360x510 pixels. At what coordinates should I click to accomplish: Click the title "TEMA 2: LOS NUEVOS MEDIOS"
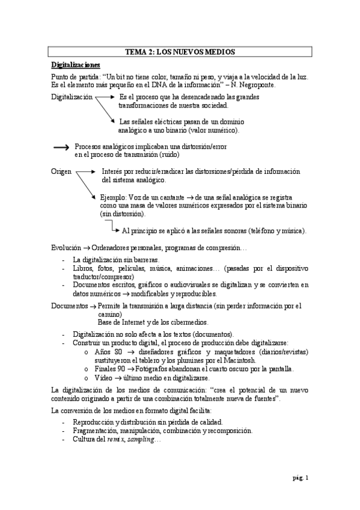[180, 53]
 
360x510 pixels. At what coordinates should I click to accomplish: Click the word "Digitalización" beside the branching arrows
[72, 96]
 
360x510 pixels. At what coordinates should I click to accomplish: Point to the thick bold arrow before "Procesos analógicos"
[62, 147]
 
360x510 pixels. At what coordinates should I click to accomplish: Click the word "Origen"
[62, 171]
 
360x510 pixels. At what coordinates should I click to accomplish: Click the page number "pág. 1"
[300, 478]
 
